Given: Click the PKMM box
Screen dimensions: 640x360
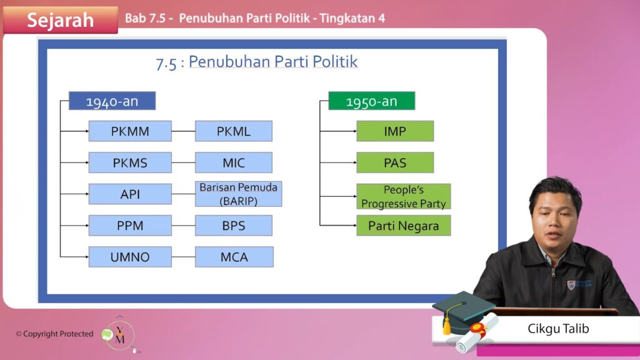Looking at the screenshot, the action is tap(130, 131).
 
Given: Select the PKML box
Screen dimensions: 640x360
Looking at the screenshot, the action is tap(234, 131).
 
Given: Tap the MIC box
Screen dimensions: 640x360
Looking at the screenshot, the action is tap(234, 162).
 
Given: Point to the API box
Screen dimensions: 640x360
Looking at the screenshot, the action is tap(130, 194).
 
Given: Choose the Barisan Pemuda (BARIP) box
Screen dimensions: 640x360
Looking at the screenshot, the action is tap(238, 194).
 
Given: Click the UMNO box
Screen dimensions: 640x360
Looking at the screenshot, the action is tap(130, 257).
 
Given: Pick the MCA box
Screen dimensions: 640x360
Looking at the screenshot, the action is tap(234, 257).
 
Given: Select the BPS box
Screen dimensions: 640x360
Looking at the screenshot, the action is tap(234, 225).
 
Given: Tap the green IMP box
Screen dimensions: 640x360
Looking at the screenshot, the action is tap(395, 131).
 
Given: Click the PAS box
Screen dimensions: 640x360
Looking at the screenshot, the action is tap(395, 162).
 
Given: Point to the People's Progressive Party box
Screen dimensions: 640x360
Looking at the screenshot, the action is tap(404, 196).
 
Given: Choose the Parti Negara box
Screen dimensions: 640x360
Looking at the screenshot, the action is tap(404, 225).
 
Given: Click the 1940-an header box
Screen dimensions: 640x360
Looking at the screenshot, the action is tap(112, 101).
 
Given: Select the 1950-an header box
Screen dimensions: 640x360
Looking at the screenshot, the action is tap(372, 101).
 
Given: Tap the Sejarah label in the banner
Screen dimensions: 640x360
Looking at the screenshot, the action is tap(61, 20).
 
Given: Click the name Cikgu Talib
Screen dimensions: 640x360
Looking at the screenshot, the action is tap(558, 329).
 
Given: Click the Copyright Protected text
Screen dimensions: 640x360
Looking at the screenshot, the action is tap(55, 334).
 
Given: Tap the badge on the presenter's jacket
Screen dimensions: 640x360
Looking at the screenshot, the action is tap(579, 284).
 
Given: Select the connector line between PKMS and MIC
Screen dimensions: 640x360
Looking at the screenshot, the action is tap(183, 162).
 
